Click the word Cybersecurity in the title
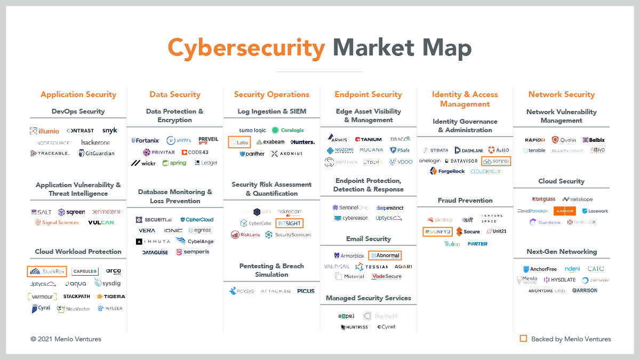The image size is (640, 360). click(x=246, y=49)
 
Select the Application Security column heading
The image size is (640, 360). click(x=78, y=94)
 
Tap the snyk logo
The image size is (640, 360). click(x=109, y=131)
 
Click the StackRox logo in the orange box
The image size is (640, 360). click(x=47, y=271)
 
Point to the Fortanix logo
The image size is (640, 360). click(x=145, y=140)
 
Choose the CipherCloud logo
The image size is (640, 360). click(x=197, y=219)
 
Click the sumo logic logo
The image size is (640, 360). click(x=252, y=130)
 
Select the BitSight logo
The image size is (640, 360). click(x=290, y=223)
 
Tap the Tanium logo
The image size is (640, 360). click(x=368, y=139)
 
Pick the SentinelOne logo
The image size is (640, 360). click(x=350, y=207)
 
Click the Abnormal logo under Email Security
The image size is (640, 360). click(x=385, y=255)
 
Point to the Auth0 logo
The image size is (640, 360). click(x=499, y=150)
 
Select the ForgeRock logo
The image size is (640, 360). click(x=447, y=171)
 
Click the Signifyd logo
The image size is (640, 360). click(x=437, y=231)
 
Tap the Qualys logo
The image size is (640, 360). click(x=564, y=140)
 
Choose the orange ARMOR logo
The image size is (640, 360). click(x=564, y=211)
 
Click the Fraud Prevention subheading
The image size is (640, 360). click(x=465, y=201)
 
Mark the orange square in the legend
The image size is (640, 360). click(x=523, y=339)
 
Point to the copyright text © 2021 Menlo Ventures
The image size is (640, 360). click(x=66, y=339)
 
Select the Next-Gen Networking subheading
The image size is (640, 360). click(x=562, y=252)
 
